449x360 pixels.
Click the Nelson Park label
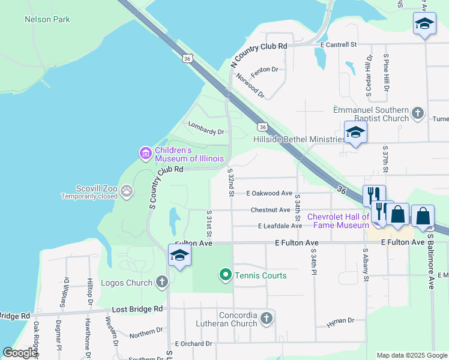(x=47, y=19)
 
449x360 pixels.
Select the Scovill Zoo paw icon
(x=127, y=191)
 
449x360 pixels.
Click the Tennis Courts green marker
(x=226, y=275)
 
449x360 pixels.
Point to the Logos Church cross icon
(x=161, y=281)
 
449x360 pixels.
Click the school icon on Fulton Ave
(x=179, y=255)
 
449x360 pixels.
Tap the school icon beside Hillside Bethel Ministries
(x=355, y=133)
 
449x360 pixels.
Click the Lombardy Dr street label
(x=206, y=128)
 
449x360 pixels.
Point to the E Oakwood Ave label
(x=270, y=193)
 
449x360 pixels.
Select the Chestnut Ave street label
(x=270, y=210)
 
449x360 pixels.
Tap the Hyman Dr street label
(x=340, y=323)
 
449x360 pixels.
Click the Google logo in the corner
(x=20, y=353)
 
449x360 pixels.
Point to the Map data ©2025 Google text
(x=411, y=355)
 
